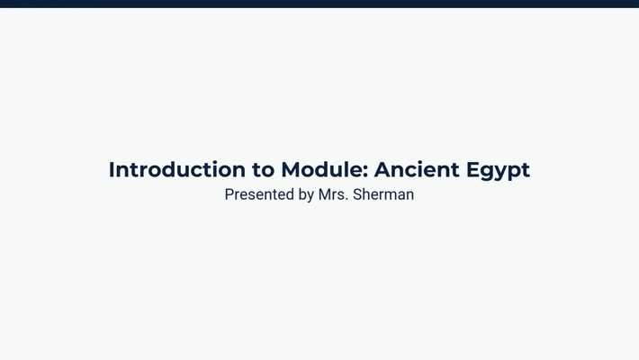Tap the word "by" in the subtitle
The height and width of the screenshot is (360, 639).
coord(306,194)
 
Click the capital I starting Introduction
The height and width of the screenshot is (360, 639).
coord(112,169)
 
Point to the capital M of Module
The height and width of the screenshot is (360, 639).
coord(291,169)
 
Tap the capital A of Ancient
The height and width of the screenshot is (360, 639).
coord(382,169)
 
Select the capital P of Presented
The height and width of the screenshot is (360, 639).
coord(229,194)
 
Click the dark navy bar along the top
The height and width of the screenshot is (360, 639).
coord(319,4)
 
